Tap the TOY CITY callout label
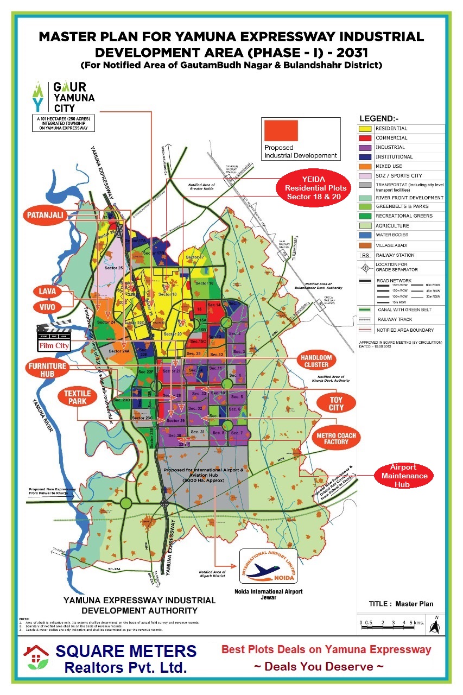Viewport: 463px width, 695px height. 336,403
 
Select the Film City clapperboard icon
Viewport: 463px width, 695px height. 54,337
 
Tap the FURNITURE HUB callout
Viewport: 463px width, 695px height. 47,370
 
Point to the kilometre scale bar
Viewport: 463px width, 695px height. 388,624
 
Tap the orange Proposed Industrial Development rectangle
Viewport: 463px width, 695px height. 281,131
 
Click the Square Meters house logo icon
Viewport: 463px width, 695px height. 36,658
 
